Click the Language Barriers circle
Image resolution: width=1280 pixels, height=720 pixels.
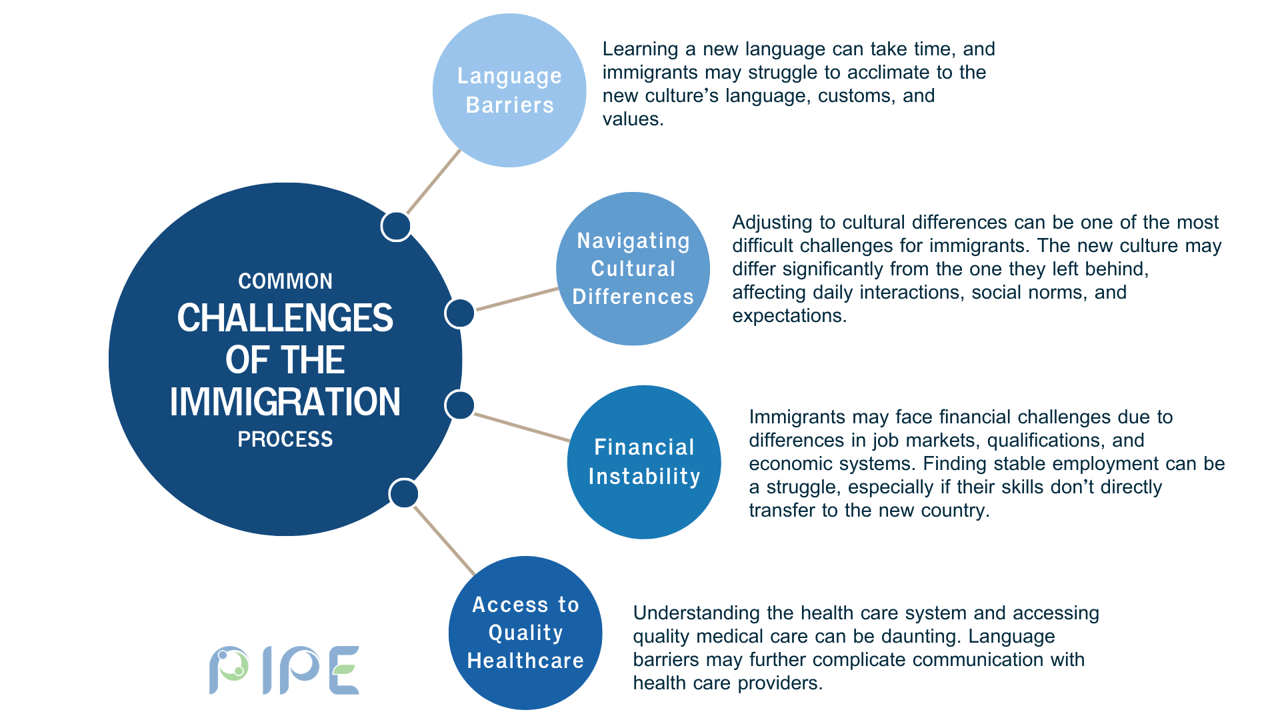[x=509, y=91]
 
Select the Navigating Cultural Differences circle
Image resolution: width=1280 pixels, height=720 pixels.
[x=633, y=269]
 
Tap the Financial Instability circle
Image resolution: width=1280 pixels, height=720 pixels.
[x=644, y=462]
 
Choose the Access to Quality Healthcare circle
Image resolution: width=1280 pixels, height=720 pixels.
[x=525, y=633]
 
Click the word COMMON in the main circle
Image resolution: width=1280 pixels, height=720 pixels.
[x=285, y=281]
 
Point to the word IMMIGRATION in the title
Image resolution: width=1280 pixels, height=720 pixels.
[x=285, y=402]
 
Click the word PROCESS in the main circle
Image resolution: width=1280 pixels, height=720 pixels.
[x=285, y=439]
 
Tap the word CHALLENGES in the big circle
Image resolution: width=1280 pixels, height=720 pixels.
[x=285, y=318]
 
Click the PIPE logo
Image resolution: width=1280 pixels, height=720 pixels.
[x=285, y=670]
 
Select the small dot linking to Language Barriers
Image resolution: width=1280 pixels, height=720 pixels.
[x=396, y=227]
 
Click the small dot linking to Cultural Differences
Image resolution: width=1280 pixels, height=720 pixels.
[x=460, y=313]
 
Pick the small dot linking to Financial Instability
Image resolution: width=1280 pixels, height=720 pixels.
[x=460, y=405]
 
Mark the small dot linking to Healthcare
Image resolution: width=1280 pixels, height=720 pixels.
[x=404, y=494]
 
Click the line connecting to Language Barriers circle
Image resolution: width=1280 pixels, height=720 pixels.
[x=433, y=181]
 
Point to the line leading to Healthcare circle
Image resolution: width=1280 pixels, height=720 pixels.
[x=445, y=541]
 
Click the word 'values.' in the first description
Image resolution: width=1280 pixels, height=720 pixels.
[x=633, y=119]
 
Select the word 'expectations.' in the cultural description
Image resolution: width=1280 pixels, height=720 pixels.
[x=789, y=317]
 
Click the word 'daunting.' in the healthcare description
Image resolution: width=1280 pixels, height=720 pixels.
[x=922, y=637]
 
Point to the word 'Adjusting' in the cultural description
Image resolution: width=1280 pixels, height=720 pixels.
[x=773, y=223]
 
